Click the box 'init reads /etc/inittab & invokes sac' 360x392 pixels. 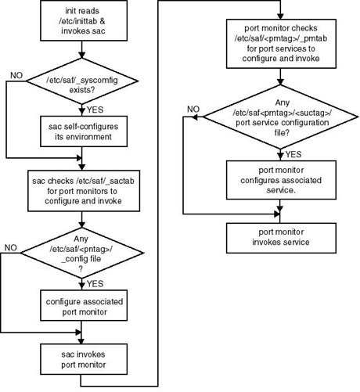pos(84,20)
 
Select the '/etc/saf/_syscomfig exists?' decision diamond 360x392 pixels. pos(82,81)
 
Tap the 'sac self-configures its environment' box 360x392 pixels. pos(84,131)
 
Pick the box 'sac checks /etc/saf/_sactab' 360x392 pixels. pos(84,191)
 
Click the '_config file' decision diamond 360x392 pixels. pos(82,253)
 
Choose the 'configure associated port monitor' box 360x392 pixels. pos(84,306)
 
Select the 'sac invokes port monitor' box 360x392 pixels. pos(84,359)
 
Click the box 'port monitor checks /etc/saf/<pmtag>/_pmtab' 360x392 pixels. pos(281,44)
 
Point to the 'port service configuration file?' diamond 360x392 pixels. pos(280,117)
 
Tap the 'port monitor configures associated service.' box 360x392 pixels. pos(281,180)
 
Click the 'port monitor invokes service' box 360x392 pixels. pos(281,238)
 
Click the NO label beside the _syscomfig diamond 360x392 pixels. pos(16,75)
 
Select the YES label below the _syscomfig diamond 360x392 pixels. pos(95,110)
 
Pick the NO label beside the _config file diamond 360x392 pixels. pos(11,247)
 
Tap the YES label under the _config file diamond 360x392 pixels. pos(95,283)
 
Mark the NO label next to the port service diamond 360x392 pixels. pos(193,109)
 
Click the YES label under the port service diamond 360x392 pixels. pos(293,154)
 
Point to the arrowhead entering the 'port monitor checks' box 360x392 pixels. pos(280,16)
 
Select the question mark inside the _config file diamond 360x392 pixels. pos(81,269)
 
